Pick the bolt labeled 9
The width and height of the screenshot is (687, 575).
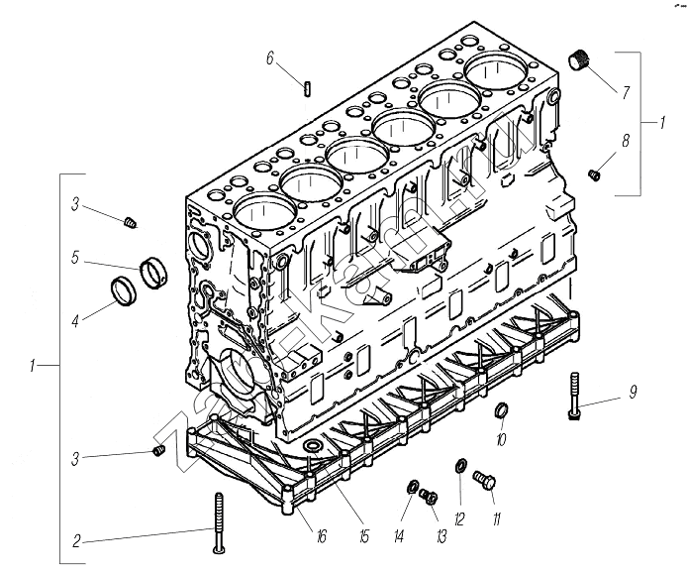click(x=574, y=396)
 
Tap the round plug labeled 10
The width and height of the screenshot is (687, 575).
click(x=501, y=410)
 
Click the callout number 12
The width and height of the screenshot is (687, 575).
click(x=458, y=517)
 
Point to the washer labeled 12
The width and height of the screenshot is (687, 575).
click(x=461, y=467)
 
